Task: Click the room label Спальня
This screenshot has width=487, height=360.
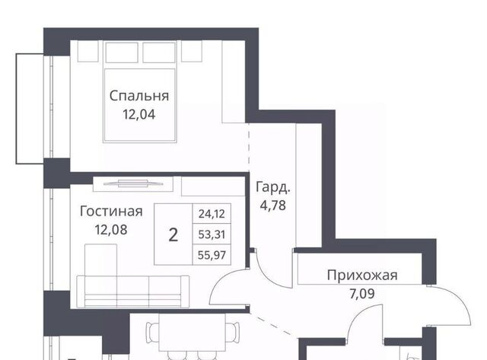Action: pyautogui.click(x=139, y=96)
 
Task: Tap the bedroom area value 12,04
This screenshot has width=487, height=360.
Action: pyautogui.click(x=138, y=115)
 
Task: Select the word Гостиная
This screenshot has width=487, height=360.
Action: pyautogui.click(x=111, y=212)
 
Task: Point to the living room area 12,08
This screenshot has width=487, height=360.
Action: pyautogui.click(x=111, y=230)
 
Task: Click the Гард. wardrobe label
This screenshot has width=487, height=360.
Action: pyautogui.click(x=273, y=187)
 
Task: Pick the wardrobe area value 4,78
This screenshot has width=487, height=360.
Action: pyautogui.click(x=273, y=205)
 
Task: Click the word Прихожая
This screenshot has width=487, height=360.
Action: pyautogui.click(x=362, y=276)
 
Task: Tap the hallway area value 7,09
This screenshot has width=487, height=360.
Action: pyautogui.click(x=362, y=294)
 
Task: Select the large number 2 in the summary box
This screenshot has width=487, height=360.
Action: pyautogui.click(x=173, y=234)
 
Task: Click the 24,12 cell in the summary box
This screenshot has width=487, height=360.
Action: pyautogui.click(x=212, y=214)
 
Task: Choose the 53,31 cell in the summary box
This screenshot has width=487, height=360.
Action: pyautogui.click(x=212, y=234)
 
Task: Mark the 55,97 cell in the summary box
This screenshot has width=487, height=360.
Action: pyautogui.click(x=212, y=255)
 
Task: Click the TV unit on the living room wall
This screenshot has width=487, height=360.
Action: pyautogui.click(x=133, y=183)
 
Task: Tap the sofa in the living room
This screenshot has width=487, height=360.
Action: pyautogui.click(x=133, y=292)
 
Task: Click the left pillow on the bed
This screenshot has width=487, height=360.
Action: pyautogui.click(x=122, y=53)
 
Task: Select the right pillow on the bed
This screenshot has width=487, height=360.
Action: pyautogui.click(x=159, y=53)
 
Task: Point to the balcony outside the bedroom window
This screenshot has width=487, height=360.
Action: pyautogui.click(x=30, y=109)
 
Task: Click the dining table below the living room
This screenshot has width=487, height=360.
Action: pyautogui.click(x=193, y=333)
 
